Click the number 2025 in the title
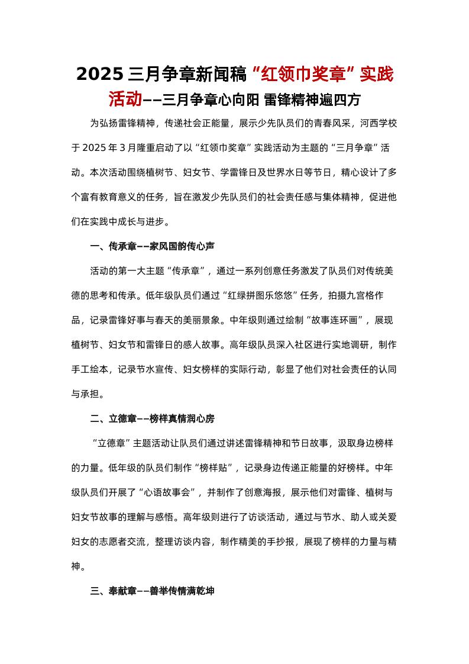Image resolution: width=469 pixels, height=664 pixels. tap(99, 75)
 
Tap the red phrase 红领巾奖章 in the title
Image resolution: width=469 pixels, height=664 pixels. tap(302, 75)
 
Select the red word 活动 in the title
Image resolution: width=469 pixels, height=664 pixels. tap(125, 99)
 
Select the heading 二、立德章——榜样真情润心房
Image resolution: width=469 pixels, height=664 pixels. tap(152, 418)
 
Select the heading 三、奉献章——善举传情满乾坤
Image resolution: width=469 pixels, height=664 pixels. tap(152, 591)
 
